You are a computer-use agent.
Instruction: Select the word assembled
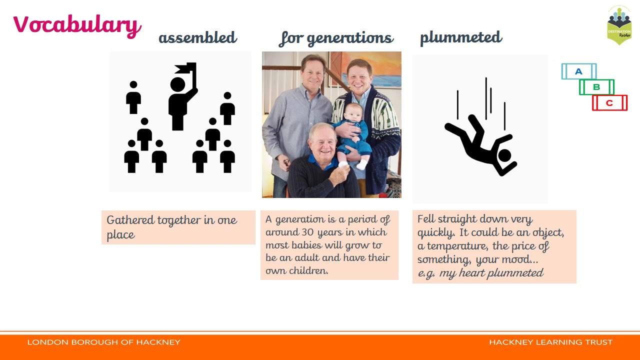pos(197,37)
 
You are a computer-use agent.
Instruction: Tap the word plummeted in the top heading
pos(461,38)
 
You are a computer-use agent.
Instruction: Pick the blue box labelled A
pos(579,71)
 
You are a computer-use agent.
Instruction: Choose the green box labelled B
pos(596,87)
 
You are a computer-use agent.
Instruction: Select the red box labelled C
pos(609,103)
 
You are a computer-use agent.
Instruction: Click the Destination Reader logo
pos(619,25)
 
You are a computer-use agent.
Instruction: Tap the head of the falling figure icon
pos(504,156)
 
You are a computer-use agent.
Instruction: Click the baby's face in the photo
pos(353,112)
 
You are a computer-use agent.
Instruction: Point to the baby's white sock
pos(362,164)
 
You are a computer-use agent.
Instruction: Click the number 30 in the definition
pos(307,232)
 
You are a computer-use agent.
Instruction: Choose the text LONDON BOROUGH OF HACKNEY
pos(103,342)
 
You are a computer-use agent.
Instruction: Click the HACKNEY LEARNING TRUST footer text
pos(551,342)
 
